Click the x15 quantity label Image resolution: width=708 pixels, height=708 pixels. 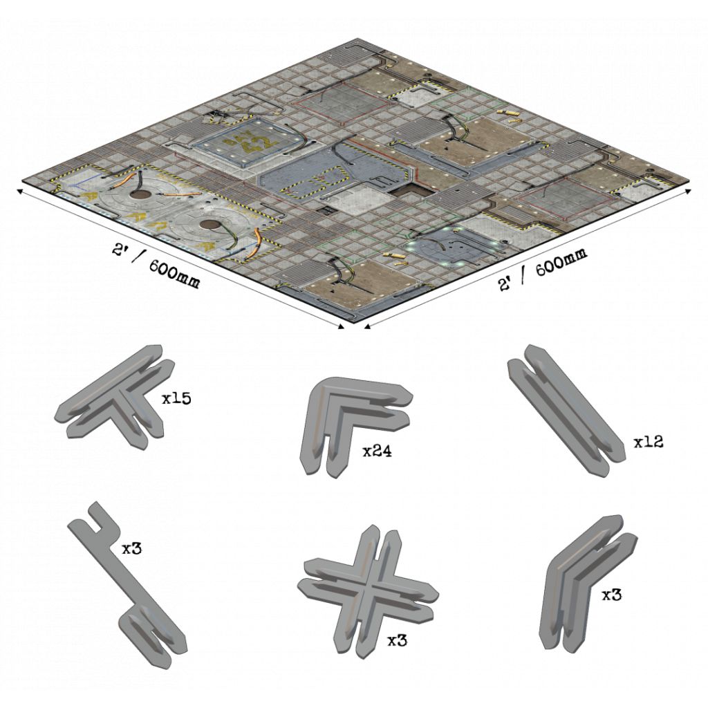pos(177,399)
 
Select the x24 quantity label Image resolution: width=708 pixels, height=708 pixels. pos(378,451)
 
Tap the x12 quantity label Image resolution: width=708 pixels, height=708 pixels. pos(649,442)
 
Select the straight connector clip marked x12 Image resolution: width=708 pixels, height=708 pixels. pos(567,410)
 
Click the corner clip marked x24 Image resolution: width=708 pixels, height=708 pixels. pos(357,425)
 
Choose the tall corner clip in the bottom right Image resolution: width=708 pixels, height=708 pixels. pos(587,585)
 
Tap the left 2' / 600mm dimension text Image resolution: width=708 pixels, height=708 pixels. pos(156,266)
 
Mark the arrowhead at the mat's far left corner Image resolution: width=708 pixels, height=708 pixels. pos(20,192)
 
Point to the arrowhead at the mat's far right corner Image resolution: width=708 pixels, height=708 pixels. pos(688,191)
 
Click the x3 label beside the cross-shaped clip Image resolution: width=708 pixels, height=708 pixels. pos(398,640)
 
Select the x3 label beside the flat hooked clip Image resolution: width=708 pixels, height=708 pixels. pos(132,548)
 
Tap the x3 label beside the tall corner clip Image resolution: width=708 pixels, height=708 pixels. pos(612,595)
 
